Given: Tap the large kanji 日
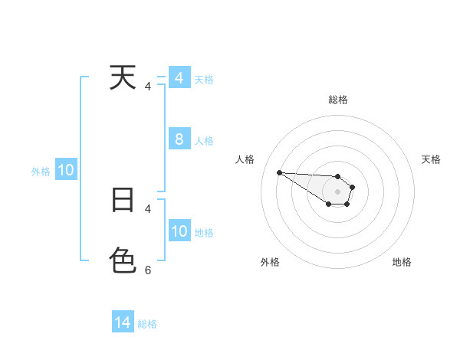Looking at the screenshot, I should [123, 200].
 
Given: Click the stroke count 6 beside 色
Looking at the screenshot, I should [148, 270].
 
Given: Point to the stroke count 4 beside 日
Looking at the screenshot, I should [148, 208].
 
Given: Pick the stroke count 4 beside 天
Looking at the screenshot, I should [148, 87].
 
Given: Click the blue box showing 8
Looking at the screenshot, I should [179, 139].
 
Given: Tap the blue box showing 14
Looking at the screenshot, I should [123, 322].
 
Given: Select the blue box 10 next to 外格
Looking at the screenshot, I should [66, 170].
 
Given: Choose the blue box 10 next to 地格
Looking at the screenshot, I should [179, 231].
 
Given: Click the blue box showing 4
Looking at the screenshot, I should [179, 78].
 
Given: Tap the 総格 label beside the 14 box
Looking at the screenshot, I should [147, 324].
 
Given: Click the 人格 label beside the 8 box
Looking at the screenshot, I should [204, 141].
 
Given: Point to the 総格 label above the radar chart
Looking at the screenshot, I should [338, 100].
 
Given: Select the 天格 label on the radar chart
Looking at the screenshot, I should [432, 159].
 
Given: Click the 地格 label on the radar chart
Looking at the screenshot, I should [402, 262].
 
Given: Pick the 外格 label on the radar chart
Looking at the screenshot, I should [270, 262].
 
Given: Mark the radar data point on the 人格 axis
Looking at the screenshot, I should [279, 172].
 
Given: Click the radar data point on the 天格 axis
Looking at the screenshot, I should [353, 187].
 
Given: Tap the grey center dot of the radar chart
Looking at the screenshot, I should [338, 191].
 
